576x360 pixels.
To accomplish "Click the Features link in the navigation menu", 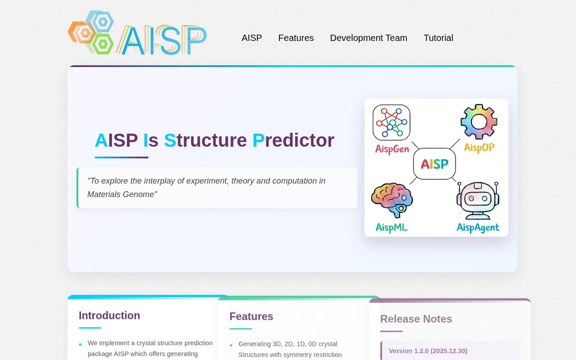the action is tap(296, 38).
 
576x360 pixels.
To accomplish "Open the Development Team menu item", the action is tap(369, 38).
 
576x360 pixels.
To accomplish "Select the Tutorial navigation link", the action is tap(438, 38).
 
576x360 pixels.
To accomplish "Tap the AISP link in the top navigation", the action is tap(252, 38).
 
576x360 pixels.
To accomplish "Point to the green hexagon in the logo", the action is tap(103, 44).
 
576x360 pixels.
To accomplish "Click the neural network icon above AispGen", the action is tap(391, 122).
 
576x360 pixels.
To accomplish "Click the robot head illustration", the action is tap(478, 201).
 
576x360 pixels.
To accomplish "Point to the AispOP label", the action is tap(479, 148).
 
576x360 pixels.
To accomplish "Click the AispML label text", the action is tap(391, 228).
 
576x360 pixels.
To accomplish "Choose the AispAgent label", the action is tap(478, 228).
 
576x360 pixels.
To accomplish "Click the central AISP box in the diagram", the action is tap(435, 164).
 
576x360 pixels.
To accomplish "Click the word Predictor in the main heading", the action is tap(293, 140).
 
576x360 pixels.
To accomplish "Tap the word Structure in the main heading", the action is tap(206, 140).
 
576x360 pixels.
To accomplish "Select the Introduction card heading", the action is tap(109, 315).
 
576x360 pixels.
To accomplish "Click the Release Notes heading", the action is tap(416, 319).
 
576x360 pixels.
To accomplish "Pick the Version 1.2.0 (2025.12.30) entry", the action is tap(428, 351).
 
